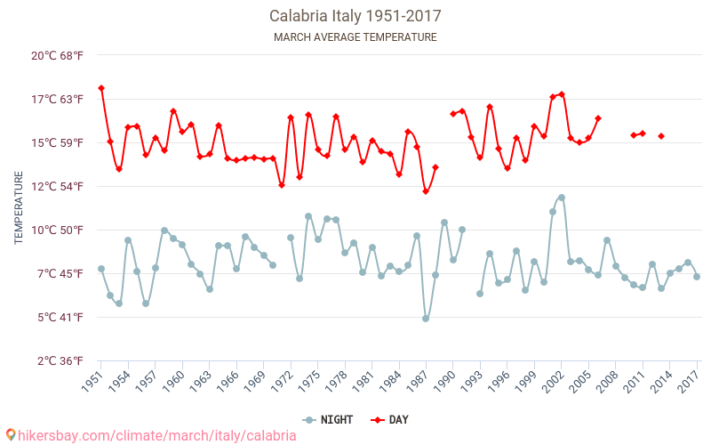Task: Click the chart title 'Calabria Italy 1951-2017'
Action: tap(355, 16)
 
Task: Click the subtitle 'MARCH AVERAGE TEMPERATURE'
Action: tap(355, 37)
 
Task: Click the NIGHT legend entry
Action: tap(327, 420)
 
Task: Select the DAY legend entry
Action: tap(389, 420)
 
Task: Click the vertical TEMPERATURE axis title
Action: tap(19, 208)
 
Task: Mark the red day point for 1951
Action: tap(101, 88)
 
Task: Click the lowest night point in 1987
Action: tap(426, 319)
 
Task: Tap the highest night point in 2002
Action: tap(562, 198)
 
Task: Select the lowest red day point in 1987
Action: tap(426, 191)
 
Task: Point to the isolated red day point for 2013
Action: tap(661, 136)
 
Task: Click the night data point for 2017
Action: tap(697, 277)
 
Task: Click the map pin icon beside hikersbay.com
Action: tap(11, 435)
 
